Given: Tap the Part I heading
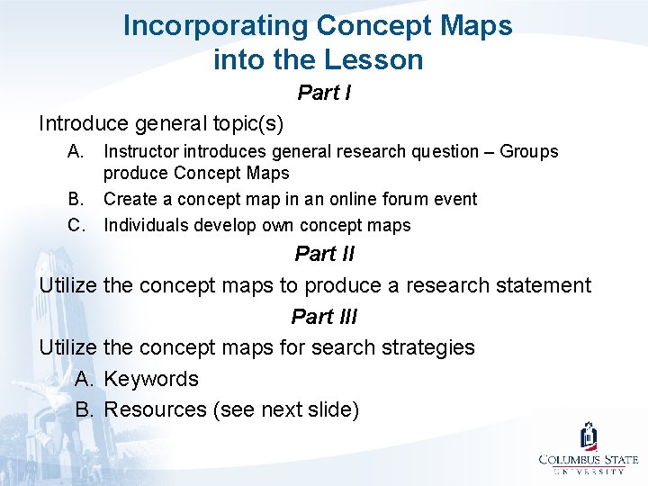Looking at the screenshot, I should [x=324, y=93].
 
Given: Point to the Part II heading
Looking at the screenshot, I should [x=324, y=254].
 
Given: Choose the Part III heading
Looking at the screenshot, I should [x=324, y=317].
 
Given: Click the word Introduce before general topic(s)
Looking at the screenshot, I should [x=85, y=122].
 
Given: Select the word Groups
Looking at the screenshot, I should [x=529, y=151].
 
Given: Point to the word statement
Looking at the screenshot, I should [x=538, y=286].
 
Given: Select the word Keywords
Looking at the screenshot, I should [x=151, y=379].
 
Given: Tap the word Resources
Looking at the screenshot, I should [x=155, y=410].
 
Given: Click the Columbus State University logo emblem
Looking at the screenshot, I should [x=589, y=437].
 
